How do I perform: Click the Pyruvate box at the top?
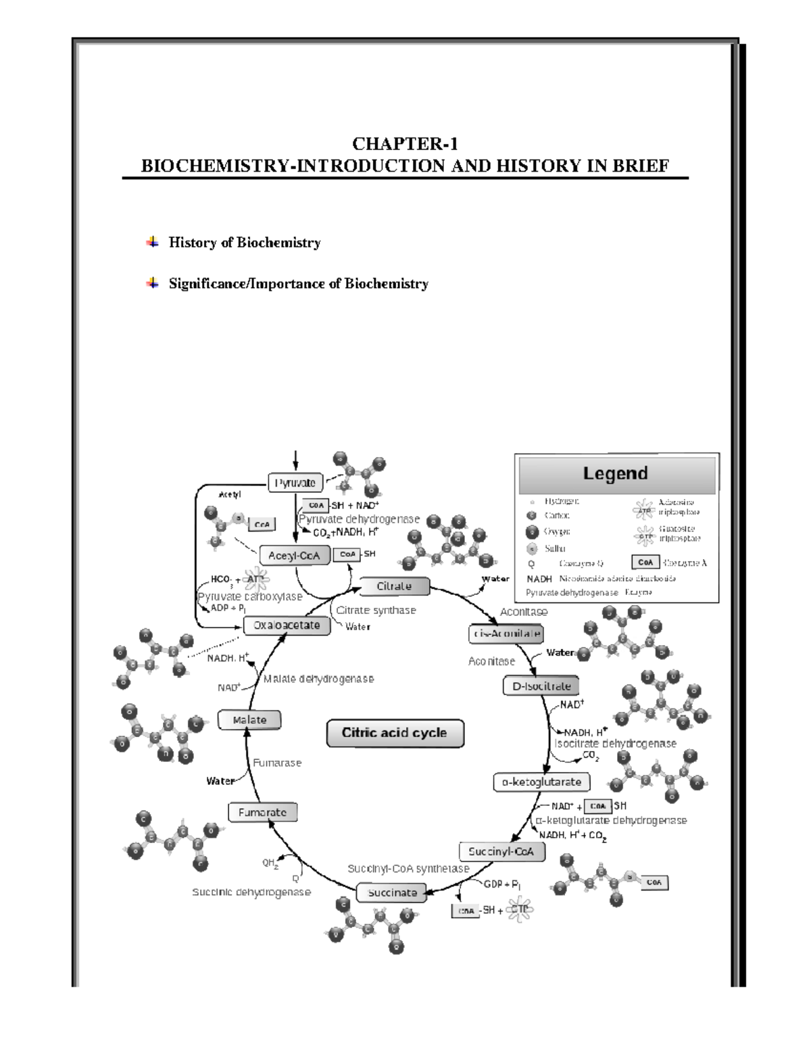(x=295, y=483)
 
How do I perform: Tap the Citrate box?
(x=393, y=586)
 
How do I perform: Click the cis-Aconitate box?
(x=506, y=634)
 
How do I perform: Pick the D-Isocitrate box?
(x=541, y=686)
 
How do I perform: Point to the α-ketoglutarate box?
(x=541, y=782)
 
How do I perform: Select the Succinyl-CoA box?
(x=501, y=851)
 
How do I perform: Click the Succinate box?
(x=392, y=892)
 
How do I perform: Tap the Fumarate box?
(x=262, y=812)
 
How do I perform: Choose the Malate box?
(x=249, y=720)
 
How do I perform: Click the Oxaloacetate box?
(x=287, y=625)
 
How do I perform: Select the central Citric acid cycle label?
(x=395, y=733)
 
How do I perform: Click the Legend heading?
(x=616, y=473)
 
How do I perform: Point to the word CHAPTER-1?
(x=405, y=143)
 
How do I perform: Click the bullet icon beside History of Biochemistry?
(x=153, y=241)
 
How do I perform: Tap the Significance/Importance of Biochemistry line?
(x=298, y=283)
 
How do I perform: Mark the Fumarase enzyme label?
(x=277, y=763)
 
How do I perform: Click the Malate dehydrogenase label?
(x=318, y=679)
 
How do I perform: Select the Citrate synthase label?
(x=376, y=610)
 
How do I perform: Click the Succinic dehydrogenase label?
(x=251, y=892)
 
